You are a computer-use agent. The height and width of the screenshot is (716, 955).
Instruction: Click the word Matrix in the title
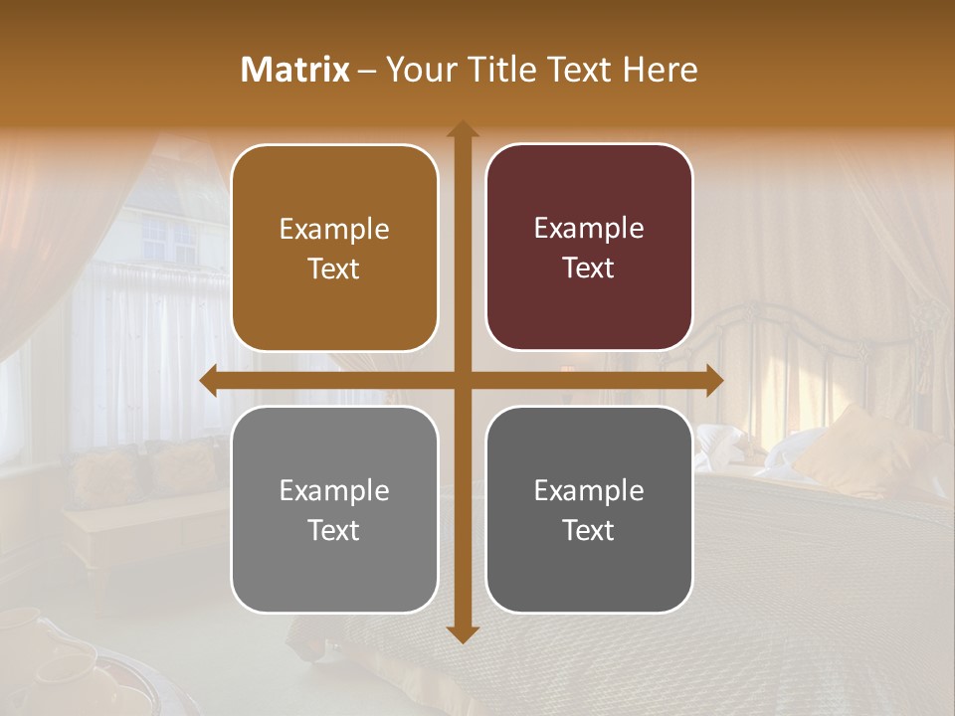[x=295, y=70]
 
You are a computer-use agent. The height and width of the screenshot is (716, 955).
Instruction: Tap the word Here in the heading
[x=660, y=70]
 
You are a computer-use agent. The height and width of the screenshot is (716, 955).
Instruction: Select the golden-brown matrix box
[x=334, y=249]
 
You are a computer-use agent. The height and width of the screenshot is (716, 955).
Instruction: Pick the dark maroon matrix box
[x=589, y=248]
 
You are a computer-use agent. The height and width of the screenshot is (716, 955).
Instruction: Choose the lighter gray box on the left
[x=334, y=510]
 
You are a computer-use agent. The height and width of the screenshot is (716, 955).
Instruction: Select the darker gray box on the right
[x=589, y=510]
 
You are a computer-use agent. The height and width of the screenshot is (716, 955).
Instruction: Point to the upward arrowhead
[x=462, y=130]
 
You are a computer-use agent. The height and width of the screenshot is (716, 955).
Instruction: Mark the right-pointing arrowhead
[x=713, y=381]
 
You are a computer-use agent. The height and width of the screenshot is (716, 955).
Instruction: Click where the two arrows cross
[x=462, y=381]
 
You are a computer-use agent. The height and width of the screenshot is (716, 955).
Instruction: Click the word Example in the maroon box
[x=589, y=228]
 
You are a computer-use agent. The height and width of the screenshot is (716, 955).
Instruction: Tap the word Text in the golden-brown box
[x=334, y=268]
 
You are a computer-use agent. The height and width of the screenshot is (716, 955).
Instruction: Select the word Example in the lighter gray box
[x=334, y=490]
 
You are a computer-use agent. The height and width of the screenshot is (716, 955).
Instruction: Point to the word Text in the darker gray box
[x=589, y=530]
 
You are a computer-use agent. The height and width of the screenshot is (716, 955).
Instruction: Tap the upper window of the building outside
[x=169, y=239]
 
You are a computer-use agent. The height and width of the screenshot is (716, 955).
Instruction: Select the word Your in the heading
[x=419, y=70]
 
